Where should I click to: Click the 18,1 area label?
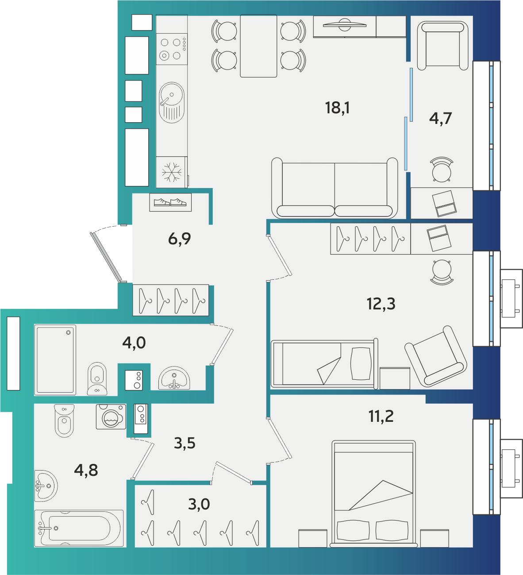(337, 108)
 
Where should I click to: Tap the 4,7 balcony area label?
(440, 118)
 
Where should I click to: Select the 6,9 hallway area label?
(179, 239)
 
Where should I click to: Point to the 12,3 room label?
(381, 304)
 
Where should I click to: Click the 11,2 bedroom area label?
(381, 416)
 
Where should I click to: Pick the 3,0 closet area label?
(199, 504)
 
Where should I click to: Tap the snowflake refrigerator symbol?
(172, 172)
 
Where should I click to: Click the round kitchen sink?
(172, 103)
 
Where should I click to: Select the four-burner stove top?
(172, 49)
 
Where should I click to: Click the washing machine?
(111, 417)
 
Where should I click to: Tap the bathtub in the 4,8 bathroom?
(79, 528)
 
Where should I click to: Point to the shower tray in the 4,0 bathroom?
(55, 360)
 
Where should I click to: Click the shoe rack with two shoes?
(170, 202)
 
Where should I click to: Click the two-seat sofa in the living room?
(335, 188)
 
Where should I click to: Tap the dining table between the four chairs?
(258, 46)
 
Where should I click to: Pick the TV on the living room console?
(345, 25)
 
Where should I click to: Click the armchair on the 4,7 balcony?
(443, 46)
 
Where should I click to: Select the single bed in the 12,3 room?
(324, 364)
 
